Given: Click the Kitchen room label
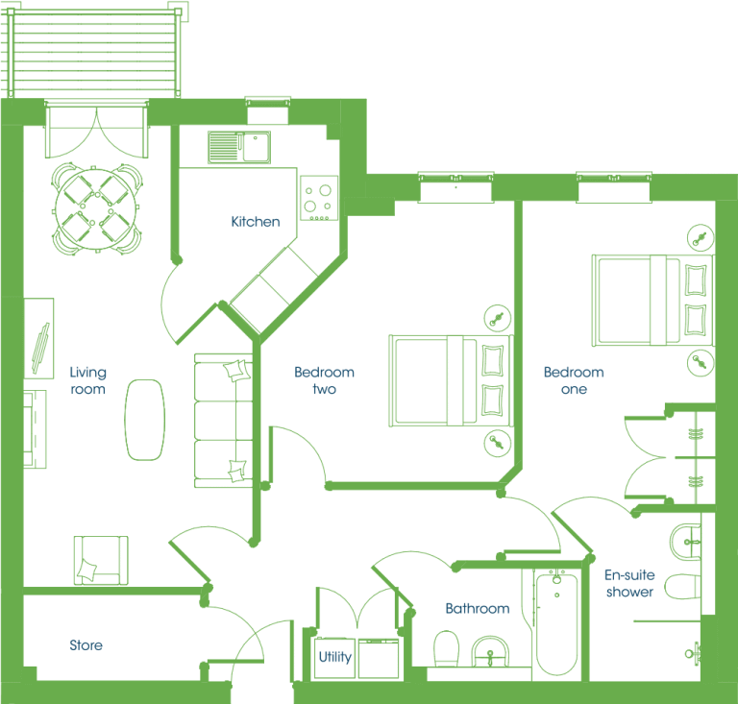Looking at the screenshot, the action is tap(256, 222).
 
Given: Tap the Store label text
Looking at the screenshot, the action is tap(86, 645).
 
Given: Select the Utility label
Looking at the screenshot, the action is tap(335, 657).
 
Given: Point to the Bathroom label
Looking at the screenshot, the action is tap(478, 609).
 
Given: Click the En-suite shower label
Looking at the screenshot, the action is tap(629, 583).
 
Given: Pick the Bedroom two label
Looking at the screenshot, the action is tap(324, 380).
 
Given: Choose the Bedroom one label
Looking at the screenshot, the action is tap(574, 380).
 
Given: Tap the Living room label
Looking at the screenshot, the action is tap(88, 380).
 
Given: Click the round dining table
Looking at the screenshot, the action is tap(96, 208).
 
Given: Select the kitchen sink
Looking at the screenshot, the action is tap(239, 147).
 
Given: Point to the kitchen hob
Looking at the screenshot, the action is tap(319, 199).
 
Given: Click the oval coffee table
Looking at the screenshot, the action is tap(145, 420).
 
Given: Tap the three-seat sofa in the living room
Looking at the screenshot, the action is tap(224, 421).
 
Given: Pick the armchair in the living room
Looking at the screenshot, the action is tap(101, 560).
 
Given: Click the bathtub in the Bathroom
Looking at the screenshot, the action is tap(556, 622).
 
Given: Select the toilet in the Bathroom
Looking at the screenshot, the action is tap(446, 648).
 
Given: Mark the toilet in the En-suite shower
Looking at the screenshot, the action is tap(682, 587).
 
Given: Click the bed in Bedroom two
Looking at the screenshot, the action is tap(451, 380).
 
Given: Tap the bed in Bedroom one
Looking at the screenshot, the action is tap(652, 301).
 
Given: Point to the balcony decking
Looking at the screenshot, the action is tap(94, 53).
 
